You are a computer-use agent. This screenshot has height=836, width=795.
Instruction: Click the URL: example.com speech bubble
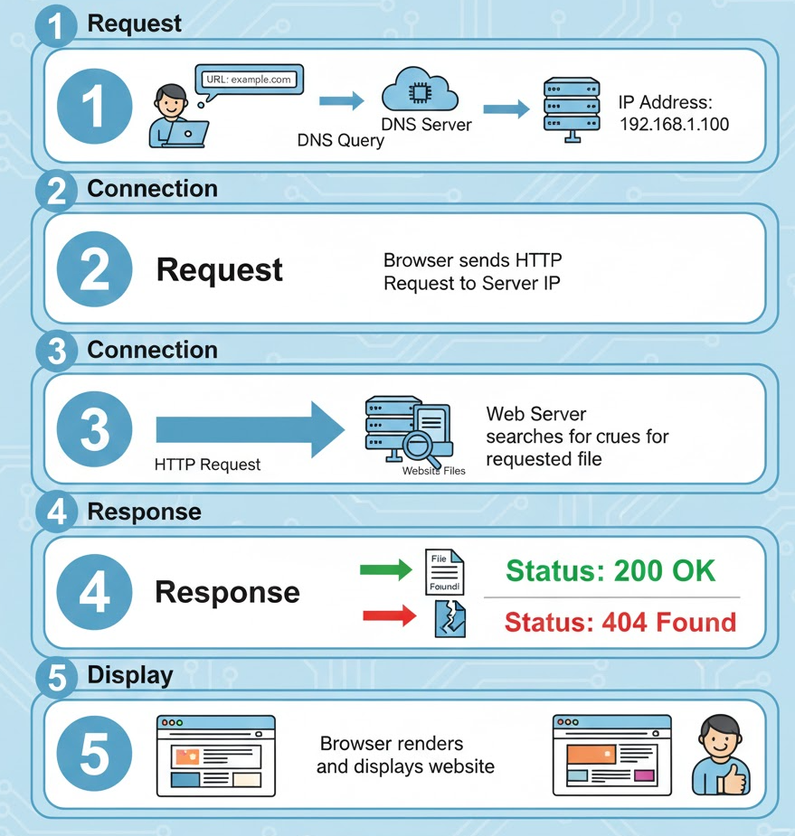(250, 80)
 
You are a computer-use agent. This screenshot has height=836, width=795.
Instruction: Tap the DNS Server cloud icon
(419, 92)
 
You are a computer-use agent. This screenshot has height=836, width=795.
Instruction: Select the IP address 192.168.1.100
(674, 123)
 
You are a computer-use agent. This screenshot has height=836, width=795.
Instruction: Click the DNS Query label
(340, 141)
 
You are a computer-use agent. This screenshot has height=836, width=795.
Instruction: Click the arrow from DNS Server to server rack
(506, 109)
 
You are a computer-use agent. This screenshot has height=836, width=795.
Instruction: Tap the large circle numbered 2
(94, 269)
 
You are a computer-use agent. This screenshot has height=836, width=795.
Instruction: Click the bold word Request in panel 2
(220, 269)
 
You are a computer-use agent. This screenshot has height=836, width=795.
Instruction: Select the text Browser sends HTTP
(472, 260)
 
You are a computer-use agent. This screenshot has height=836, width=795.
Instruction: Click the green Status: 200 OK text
(610, 571)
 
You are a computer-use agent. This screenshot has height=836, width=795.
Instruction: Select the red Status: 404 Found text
(620, 623)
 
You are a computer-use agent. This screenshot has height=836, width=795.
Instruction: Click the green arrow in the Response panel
(387, 569)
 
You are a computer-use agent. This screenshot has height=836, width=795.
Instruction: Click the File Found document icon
(446, 572)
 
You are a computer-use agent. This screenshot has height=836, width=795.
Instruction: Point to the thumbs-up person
(720, 757)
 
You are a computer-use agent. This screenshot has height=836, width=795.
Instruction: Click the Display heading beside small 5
(129, 674)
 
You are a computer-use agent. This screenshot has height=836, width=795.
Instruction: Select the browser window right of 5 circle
(215, 756)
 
